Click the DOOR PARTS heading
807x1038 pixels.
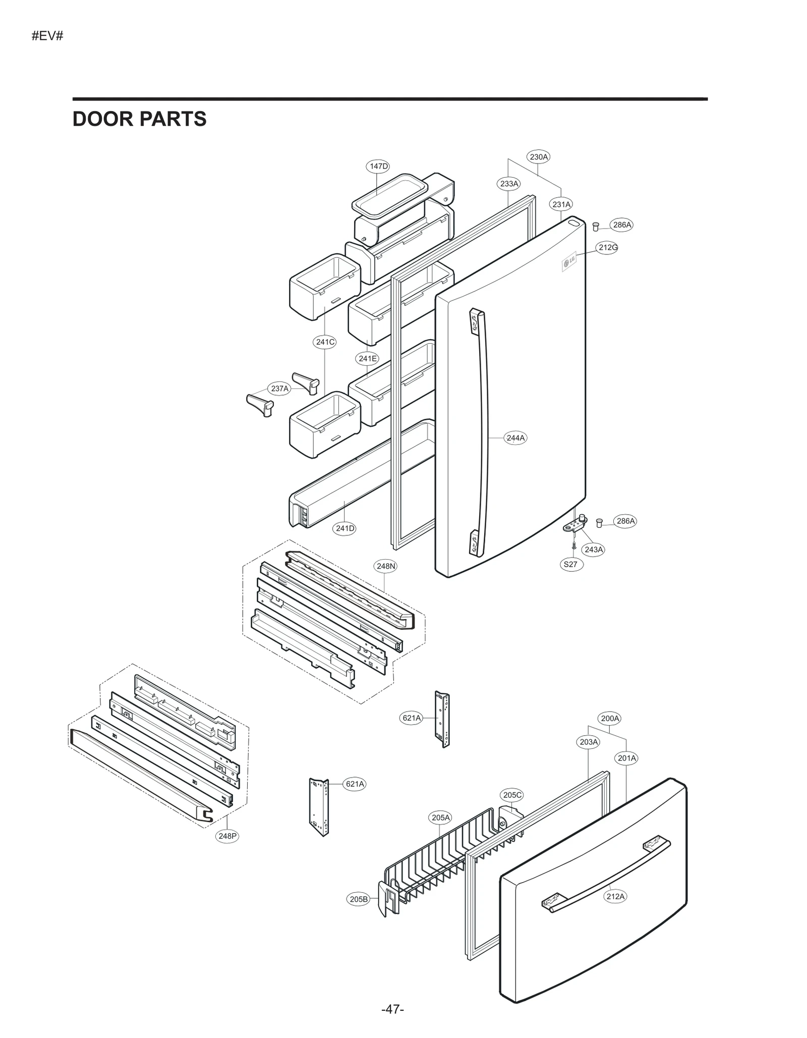(x=139, y=119)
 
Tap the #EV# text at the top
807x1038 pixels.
(x=47, y=36)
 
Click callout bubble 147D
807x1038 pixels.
(x=378, y=166)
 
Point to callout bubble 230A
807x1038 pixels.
(x=539, y=157)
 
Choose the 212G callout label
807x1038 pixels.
(x=608, y=247)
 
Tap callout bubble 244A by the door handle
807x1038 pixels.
(x=515, y=438)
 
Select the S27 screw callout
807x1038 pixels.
(x=570, y=564)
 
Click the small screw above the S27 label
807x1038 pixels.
(x=573, y=545)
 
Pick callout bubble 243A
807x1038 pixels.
(x=594, y=550)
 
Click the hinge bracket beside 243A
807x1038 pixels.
(x=575, y=525)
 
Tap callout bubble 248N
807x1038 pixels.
(x=386, y=566)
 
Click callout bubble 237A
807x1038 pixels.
(x=279, y=389)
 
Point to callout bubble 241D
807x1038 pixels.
(x=345, y=528)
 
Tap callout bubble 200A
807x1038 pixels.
(x=610, y=718)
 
